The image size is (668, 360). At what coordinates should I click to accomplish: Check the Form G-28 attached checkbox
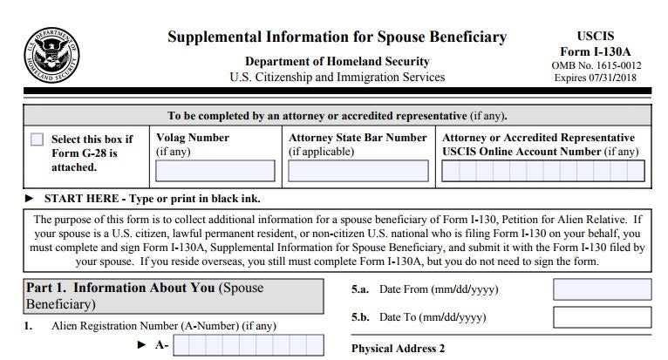(x=37, y=139)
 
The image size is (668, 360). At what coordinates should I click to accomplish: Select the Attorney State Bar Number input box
(x=358, y=171)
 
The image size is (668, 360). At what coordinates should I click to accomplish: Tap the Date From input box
(x=602, y=289)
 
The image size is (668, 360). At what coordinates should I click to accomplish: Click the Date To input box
(x=602, y=316)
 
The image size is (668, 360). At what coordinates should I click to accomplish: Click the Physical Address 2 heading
(x=398, y=349)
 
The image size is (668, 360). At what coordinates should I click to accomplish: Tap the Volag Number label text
(x=193, y=138)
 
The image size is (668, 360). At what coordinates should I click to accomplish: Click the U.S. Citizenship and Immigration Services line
(x=337, y=77)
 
